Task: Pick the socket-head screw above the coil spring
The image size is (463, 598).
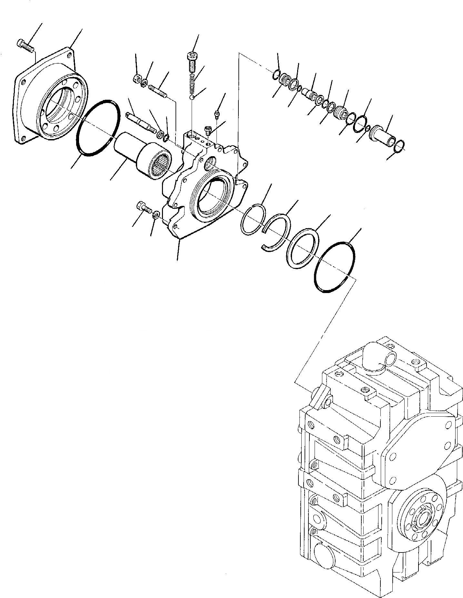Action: pyautogui.click(x=193, y=60)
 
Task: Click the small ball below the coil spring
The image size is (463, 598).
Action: pyautogui.click(x=192, y=98)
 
